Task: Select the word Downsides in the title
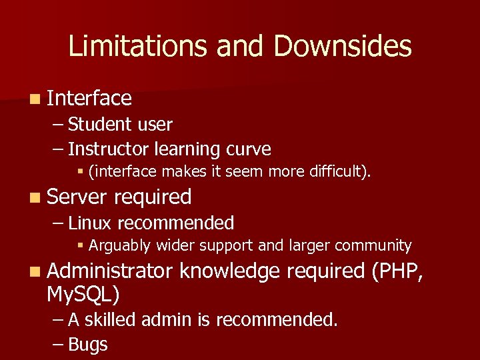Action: (342, 47)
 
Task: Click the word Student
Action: (99, 125)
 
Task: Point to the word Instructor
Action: (109, 149)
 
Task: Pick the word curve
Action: (248, 149)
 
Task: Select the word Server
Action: (77, 197)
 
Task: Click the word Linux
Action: (91, 223)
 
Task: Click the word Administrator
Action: (110, 271)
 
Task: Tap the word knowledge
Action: (239, 271)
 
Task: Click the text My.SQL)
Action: (83, 294)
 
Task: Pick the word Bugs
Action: (88, 345)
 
